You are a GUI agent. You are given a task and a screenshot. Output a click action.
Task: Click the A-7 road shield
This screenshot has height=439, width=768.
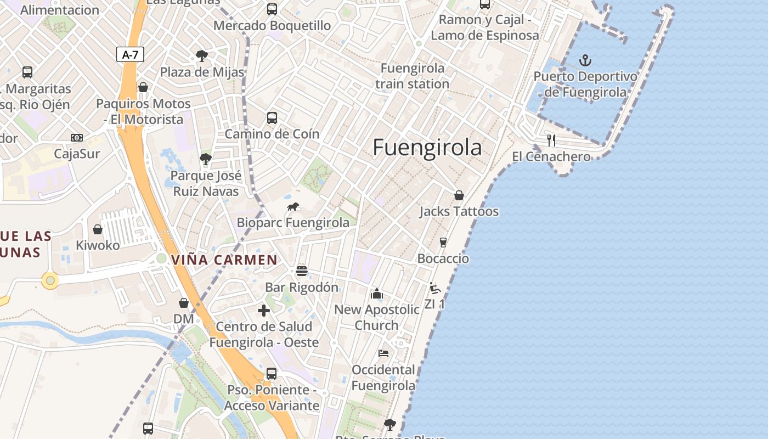130,54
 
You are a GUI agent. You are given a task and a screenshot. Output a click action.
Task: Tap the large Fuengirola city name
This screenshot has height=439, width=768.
427,148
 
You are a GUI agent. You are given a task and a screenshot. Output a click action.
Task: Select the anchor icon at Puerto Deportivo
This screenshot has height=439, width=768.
585,60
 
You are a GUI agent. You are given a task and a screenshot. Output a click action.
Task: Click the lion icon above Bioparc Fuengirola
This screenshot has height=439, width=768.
293,207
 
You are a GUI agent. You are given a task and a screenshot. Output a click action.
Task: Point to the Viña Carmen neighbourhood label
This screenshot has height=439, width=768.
224,260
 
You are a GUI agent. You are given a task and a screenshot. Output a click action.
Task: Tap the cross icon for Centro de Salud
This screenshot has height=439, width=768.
264,311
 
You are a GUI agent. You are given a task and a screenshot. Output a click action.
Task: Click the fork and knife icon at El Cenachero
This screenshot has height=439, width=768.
551,140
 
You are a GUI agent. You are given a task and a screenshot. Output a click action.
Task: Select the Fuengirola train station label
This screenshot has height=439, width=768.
413,76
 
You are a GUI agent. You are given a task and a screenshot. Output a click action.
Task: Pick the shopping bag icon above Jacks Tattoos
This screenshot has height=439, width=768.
459,195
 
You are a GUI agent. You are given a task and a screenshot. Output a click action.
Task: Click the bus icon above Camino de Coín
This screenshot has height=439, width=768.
272,117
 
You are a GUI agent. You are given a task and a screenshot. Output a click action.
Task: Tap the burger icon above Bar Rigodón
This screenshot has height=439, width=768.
301,271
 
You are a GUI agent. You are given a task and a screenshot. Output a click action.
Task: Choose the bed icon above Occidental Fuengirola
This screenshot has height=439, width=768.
383,353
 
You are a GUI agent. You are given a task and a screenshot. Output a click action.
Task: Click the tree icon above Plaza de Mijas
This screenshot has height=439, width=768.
201,55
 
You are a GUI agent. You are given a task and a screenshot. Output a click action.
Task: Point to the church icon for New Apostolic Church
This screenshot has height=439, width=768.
376,294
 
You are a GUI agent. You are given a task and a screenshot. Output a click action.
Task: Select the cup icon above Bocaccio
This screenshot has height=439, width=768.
443,243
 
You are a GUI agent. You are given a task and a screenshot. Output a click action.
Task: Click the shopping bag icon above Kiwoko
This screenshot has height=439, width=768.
98,229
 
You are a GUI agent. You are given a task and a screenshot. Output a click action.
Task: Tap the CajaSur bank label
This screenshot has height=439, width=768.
77,154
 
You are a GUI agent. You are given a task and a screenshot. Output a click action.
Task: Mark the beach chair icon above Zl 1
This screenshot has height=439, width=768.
434,288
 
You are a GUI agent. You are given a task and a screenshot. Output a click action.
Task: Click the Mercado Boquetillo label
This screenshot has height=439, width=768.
272,25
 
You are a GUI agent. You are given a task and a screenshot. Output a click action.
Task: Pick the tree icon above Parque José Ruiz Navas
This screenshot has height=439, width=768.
206,160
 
